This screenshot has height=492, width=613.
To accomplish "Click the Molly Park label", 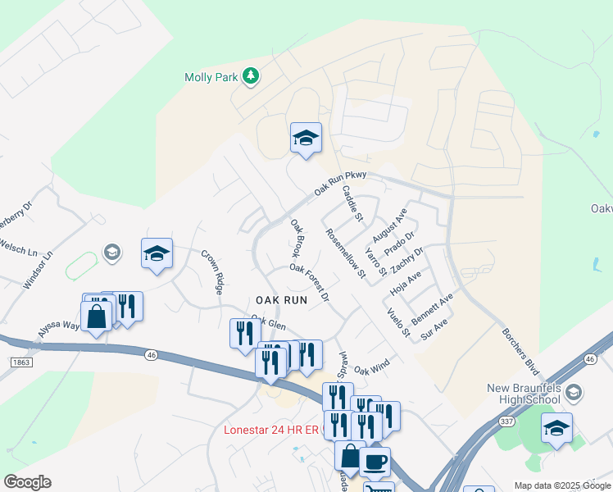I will coord(211,77).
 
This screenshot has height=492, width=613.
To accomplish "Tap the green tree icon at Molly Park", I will coord(252,77).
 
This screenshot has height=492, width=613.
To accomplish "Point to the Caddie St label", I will coord(352,203).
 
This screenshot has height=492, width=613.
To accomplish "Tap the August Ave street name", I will coord(389,225).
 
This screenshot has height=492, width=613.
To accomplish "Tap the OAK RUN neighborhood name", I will coord(281,300).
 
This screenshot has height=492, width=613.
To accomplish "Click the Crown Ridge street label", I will coord(211,272).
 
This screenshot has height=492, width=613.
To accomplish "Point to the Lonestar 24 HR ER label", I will coord(272,430).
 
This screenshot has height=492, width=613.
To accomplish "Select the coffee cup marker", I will coord(375,462).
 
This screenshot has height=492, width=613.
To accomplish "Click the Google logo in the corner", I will coord(27,482).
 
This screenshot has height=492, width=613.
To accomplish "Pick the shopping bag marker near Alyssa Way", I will coord(96,316).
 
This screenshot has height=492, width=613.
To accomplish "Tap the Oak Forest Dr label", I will coord(309,281).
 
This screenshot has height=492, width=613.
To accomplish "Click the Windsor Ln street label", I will coord(38,269).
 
